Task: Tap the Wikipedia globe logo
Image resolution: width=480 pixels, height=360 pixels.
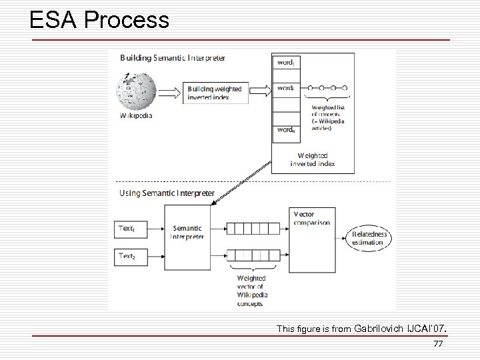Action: [x=136, y=91]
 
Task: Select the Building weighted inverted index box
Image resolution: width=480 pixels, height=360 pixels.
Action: [x=214, y=93]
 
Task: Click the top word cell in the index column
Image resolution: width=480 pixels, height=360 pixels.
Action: [x=285, y=62]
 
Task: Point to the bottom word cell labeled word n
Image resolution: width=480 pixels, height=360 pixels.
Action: [x=285, y=131]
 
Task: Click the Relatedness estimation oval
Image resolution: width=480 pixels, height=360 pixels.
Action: [x=369, y=238]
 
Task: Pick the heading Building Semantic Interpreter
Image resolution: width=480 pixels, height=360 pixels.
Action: [x=172, y=58]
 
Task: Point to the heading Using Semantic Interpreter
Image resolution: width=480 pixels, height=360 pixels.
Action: [x=167, y=193]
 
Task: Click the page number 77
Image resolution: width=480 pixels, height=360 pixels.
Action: [x=438, y=345]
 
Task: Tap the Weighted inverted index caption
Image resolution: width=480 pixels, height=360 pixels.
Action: [x=312, y=159]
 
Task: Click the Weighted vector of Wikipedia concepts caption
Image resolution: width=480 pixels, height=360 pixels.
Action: [x=252, y=291]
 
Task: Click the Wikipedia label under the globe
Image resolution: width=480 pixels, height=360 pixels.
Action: [x=136, y=115]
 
